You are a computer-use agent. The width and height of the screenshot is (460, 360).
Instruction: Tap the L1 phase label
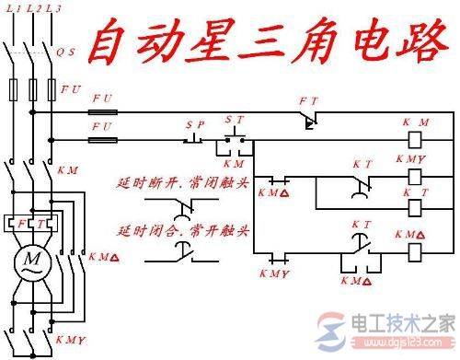(x=13, y=7)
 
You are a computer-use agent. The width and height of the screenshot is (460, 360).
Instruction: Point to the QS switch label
(x=67, y=52)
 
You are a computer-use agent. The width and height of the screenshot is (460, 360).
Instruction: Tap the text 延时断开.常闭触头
(x=182, y=182)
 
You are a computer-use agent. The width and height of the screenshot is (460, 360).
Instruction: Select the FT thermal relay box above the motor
(x=32, y=224)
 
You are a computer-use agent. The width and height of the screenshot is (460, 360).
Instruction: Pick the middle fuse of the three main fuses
(x=32, y=90)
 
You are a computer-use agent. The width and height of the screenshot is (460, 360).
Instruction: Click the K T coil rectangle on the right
(x=415, y=207)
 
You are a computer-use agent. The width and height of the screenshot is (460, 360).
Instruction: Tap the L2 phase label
(x=29, y=7)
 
